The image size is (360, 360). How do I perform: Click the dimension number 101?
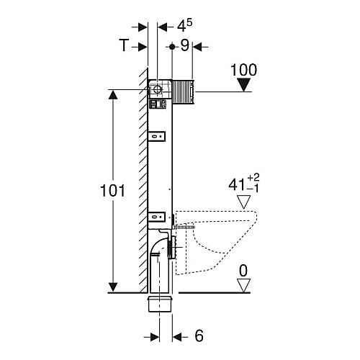pos(112,191)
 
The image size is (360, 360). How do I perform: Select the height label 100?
pos(243,70)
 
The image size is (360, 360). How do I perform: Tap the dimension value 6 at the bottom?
pos(199,336)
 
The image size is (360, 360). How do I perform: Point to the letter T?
pos(124,45)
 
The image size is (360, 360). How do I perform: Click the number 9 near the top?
pos(185,45)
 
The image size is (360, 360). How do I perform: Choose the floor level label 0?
pos(243,271)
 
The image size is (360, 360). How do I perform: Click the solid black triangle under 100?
pos(244,85)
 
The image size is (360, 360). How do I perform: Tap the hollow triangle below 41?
pos(244,202)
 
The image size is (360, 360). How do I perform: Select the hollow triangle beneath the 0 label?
pos(244,285)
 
